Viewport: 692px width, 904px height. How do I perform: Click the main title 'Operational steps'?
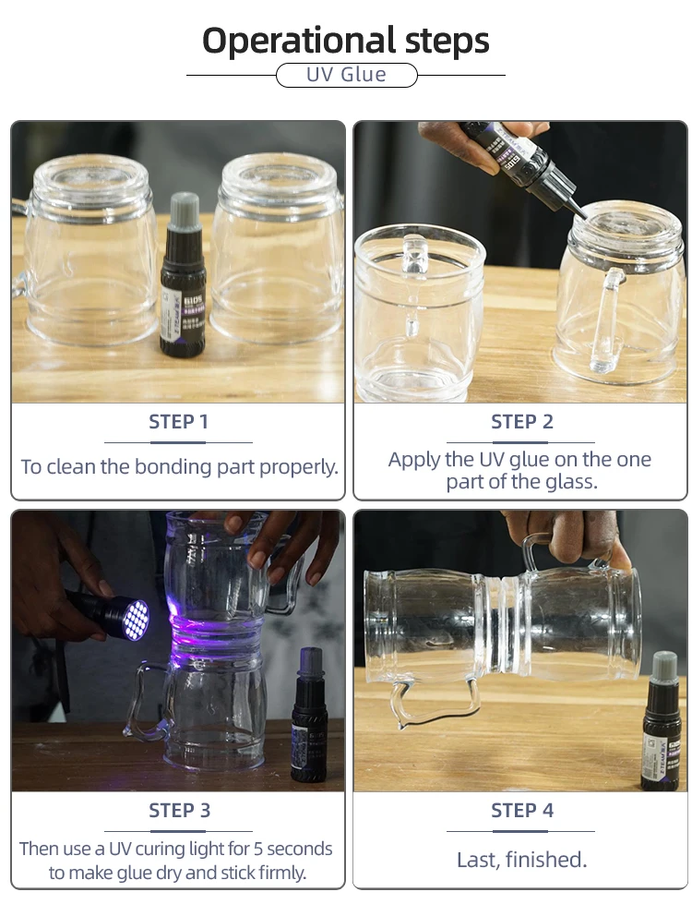click(x=346, y=41)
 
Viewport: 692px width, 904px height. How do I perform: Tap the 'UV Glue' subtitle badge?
click(x=346, y=75)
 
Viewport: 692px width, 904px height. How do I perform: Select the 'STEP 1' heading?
click(x=178, y=422)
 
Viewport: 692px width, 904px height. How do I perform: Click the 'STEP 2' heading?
click(x=521, y=422)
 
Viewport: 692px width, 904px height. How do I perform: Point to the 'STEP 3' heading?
click(x=178, y=811)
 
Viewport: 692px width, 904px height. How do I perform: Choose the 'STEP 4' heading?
click(x=521, y=811)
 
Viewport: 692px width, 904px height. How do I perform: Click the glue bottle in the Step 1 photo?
click(x=183, y=286)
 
